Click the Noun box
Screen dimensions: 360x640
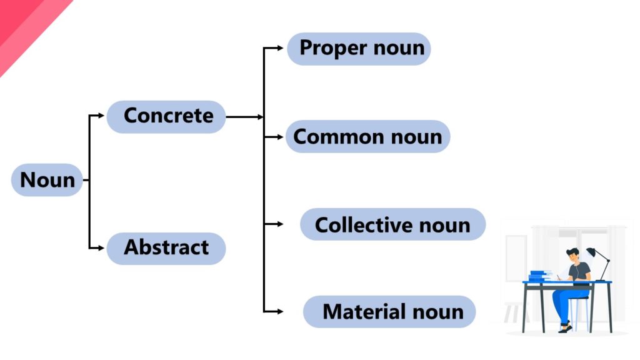click(47, 180)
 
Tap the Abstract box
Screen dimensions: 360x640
click(166, 247)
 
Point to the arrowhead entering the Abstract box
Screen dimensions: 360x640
click(101, 248)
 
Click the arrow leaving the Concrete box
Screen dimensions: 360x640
click(244, 117)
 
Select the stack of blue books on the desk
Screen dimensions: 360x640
click(539, 276)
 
